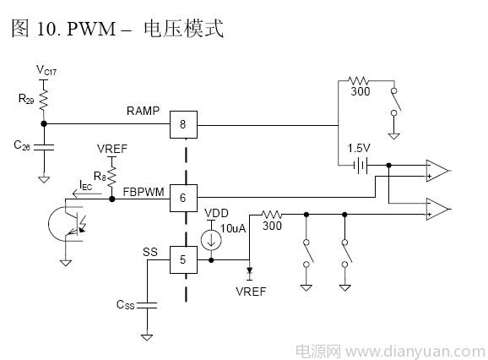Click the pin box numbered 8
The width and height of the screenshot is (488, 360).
[183, 124]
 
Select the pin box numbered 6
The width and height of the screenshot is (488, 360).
[183, 198]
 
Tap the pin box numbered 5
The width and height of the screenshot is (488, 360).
[183, 259]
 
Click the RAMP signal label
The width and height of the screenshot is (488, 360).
[143, 111]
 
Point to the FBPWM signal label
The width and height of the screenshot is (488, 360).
[144, 192]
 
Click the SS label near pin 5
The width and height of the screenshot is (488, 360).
[150, 252]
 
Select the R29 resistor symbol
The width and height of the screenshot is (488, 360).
[44, 100]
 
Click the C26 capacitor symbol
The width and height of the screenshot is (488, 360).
[44, 147]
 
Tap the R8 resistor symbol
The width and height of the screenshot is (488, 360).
[111, 177]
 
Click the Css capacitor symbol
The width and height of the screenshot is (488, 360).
[147, 305]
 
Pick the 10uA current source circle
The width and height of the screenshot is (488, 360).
[211, 240]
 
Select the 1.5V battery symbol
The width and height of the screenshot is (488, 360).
[361, 165]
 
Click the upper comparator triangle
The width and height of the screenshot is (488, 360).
[437, 171]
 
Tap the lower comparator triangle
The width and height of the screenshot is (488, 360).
[437, 209]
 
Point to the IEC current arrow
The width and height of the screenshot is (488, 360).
[87, 194]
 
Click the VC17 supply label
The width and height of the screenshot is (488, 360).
[46, 70]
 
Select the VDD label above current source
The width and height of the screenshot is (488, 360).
[217, 213]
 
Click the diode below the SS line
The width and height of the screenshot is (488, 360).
[249, 271]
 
